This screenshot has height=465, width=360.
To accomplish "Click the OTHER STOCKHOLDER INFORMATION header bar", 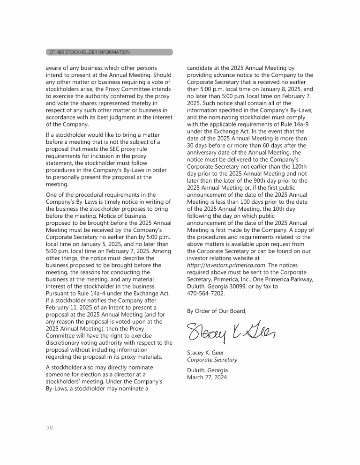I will pyautogui.click(x=109, y=52).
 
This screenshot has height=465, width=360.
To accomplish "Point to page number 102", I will pyautogui.click(x=50, y=428).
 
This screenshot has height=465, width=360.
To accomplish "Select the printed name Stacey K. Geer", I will pyautogui.click(x=205, y=353).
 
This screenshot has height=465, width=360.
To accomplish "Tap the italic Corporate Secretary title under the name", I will pyautogui.click(x=212, y=360).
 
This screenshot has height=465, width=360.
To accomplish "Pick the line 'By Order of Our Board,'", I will pyautogui.click(x=216, y=310).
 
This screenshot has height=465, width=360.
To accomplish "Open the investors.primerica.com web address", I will pyautogui.click(x=226, y=265).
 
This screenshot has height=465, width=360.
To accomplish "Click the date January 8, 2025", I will pyautogui.click(x=273, y=89).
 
